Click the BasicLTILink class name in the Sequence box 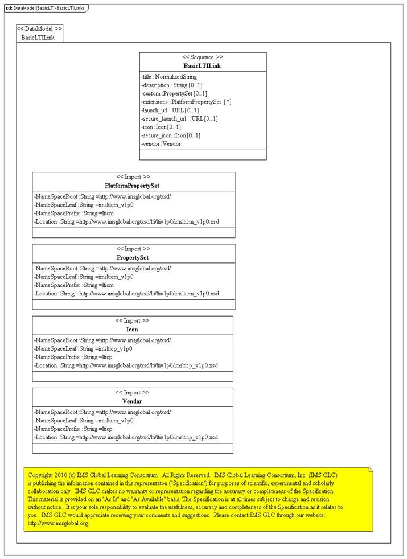click(203, 65)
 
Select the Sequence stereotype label click(203, 57)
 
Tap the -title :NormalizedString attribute click(169, 76)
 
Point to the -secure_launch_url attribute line click(179, 118)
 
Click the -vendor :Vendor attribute click(162, 144)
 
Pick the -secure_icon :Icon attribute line click(170, 135)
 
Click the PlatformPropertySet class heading click(133, 186)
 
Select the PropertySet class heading click(133, 257)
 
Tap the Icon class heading click(132, 329)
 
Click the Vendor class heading click(132, 401)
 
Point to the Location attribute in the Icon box click(126, 365)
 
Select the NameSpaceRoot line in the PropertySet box click(102, 268)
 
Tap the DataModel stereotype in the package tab click(40, 28)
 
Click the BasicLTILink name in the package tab click(38, 38)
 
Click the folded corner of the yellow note click(370, 470)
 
